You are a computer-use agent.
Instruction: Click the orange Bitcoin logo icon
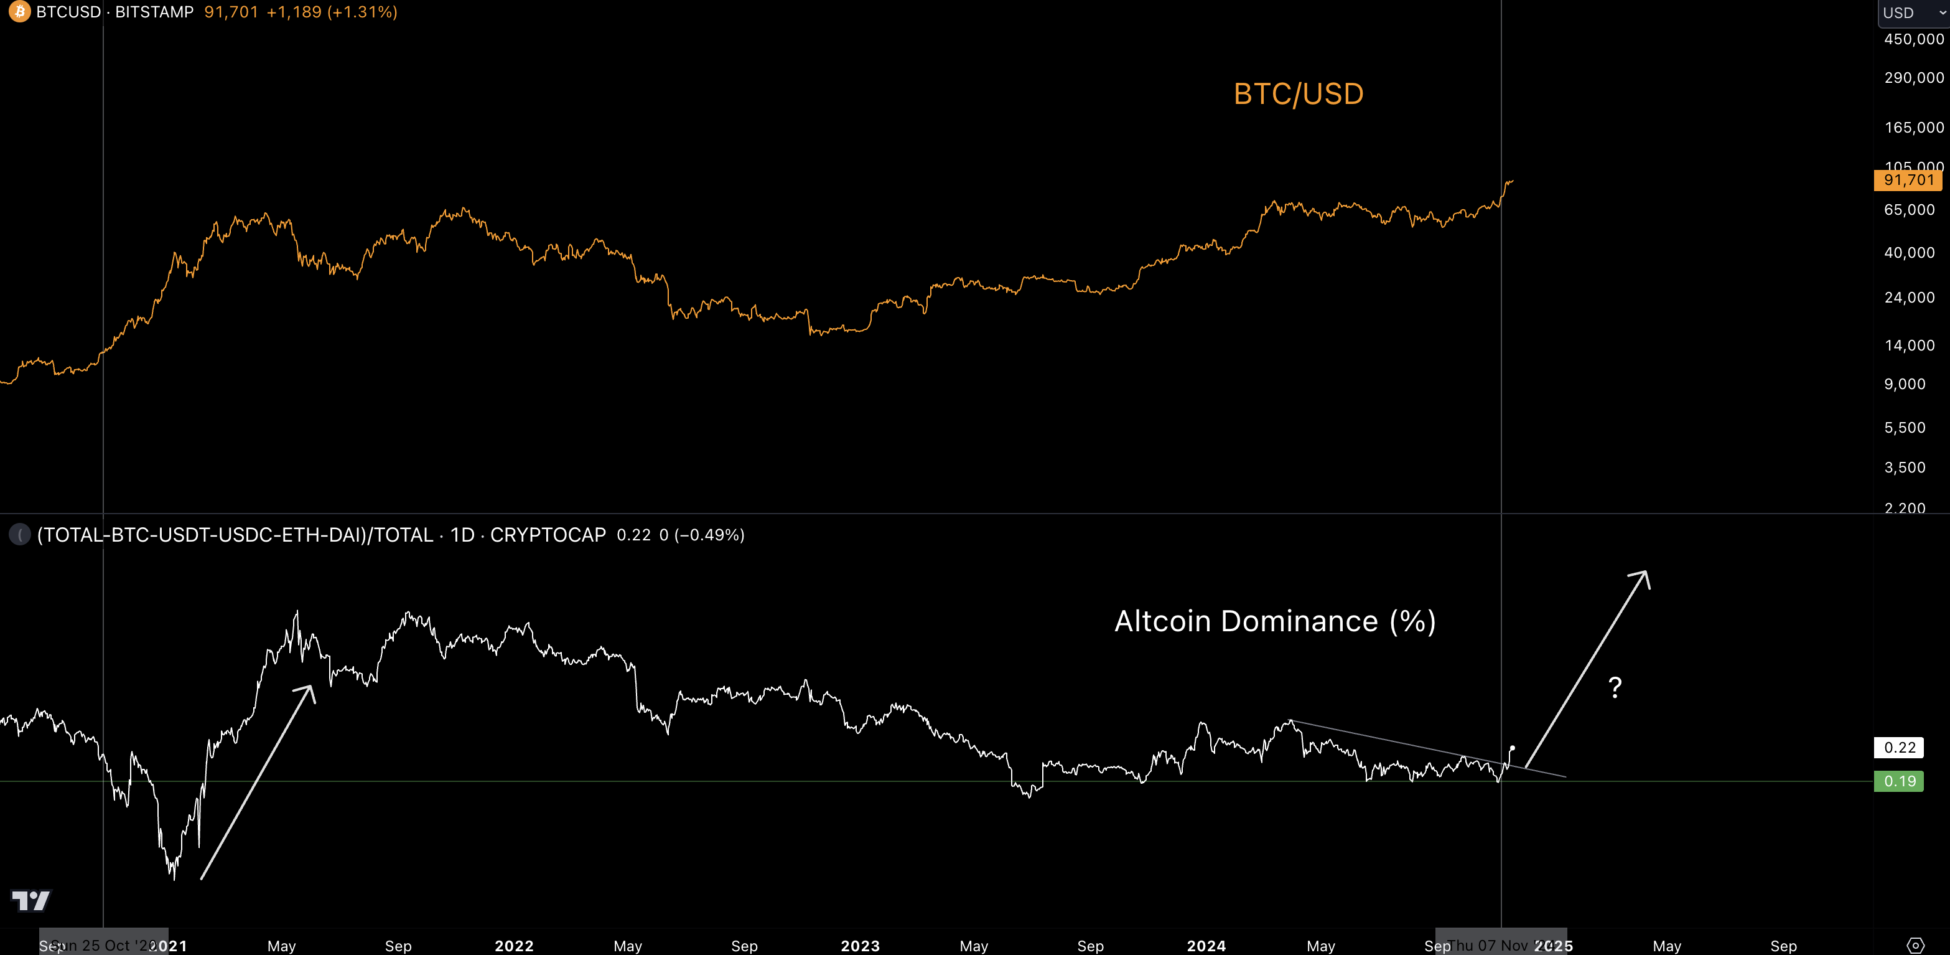pos(19,11)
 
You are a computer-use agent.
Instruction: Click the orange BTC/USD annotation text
pos(1298,94)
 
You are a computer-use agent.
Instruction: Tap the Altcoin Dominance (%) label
pos(1275,621)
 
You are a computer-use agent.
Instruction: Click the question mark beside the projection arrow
pos(1615,687)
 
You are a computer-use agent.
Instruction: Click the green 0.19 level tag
pos(1898,781)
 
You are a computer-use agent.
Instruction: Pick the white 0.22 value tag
pos(1898,748)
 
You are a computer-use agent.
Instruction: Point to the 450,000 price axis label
pos(1913,39)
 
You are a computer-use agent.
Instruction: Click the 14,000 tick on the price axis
pos(1908,346)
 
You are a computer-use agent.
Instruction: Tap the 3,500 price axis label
pos(1904,468)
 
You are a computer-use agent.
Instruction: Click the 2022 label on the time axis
pos(514,945)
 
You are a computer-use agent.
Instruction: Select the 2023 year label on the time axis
pos(860,945)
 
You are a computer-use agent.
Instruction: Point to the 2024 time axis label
pos(1206,945)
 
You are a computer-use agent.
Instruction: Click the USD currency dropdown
pos(1912,13)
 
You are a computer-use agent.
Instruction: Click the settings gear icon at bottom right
pos(1915,945)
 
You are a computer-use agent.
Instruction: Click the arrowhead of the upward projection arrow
pos(1643,577)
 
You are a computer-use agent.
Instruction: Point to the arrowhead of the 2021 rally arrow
pos(308,690)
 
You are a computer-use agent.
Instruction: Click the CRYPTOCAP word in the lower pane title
pos(548,535)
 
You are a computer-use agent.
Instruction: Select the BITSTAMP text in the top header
pos(154,12)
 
